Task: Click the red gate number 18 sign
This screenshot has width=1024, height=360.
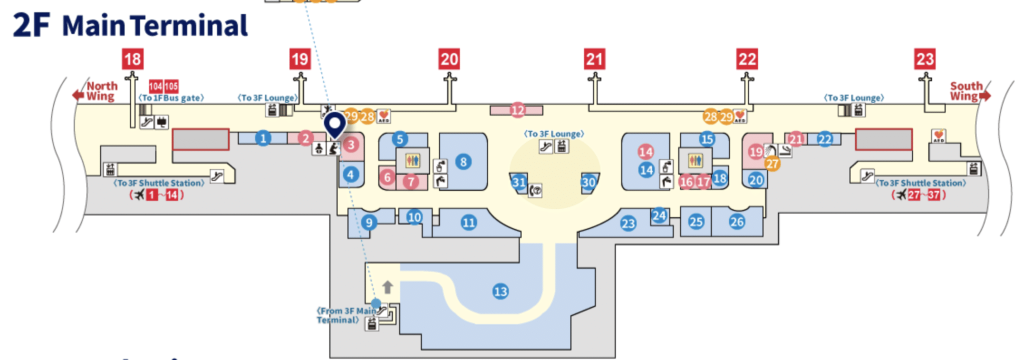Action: click(132, 59)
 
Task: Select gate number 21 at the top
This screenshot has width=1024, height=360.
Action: click(594, 59)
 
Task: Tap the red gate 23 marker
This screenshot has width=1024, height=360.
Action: click(924, 59)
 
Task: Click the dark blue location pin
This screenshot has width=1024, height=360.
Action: click(334, 124)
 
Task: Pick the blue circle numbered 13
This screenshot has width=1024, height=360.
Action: click(500, 291)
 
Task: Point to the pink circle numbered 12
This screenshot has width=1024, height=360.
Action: click(517, 110)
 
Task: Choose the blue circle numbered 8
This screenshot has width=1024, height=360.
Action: click(463, 161)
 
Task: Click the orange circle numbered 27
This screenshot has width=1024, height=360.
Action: click(772, 163)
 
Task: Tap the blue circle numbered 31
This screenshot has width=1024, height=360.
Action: click(519, 182)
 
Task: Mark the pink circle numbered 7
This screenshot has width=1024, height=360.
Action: click(411, 181)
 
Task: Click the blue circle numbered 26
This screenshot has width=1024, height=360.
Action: click(737, 221)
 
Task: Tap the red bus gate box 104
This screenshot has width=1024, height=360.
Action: click(155, 86)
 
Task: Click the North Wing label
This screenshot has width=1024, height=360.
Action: click(101, 91)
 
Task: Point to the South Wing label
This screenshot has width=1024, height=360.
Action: click(966, 91)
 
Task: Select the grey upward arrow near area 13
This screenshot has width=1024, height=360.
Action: click(387, 287)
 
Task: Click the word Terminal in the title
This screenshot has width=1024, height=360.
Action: click(189, 26)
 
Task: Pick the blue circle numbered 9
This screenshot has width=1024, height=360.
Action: click(369, 222)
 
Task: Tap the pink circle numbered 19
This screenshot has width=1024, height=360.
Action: click(755, 151)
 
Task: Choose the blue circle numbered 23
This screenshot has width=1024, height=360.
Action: click(628, 223)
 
